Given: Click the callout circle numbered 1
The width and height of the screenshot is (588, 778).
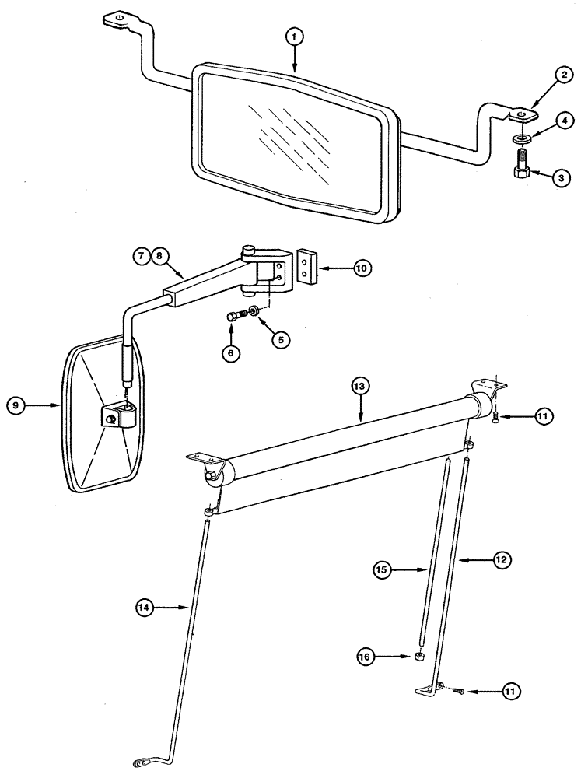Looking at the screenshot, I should click(x=294, y=37).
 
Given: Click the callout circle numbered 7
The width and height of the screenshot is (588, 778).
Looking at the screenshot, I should click(x=141, y=254).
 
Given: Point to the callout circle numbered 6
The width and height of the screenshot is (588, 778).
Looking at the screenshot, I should click(x=229, y=352).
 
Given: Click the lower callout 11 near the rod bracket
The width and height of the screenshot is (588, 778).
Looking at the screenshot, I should click(x=511, y=690).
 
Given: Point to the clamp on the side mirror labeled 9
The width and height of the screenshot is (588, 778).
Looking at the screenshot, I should click(x=118, y=417).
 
